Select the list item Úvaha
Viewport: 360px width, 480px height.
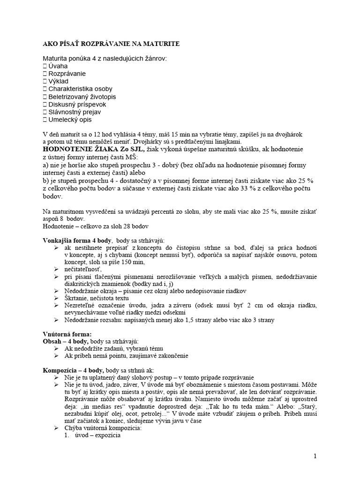click(x=59, y=66)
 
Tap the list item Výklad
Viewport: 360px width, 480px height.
click(x=60, y=81)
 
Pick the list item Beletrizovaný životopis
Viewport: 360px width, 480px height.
click(x=85, y=97)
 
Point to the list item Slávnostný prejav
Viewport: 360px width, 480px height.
click(x=75, y=112)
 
